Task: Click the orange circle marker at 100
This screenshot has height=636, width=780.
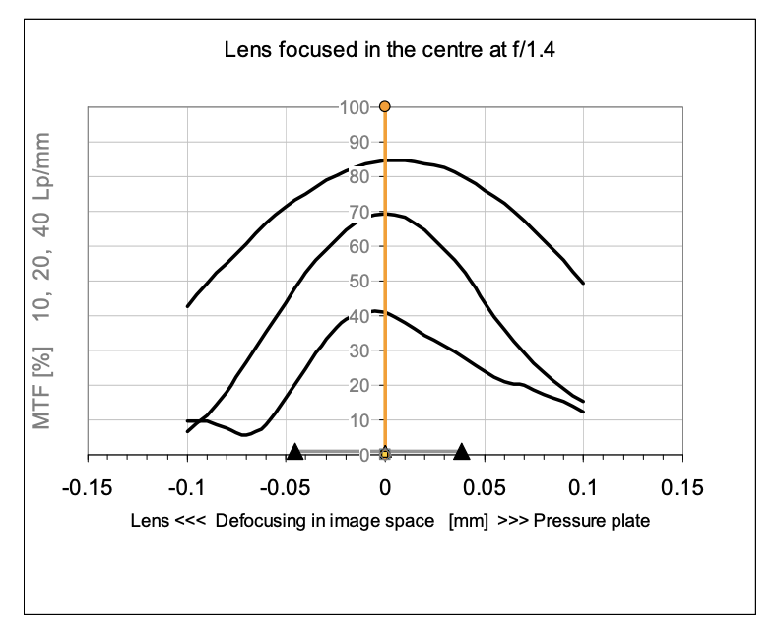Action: [x=384, y=106]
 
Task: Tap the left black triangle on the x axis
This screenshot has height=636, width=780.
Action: [x=295, y=452]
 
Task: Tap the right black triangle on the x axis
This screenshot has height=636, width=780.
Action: [x=462, y=452]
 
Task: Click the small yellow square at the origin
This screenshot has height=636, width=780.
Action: [x=384, y=454]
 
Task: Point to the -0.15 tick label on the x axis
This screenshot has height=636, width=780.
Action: [x=87, y=487]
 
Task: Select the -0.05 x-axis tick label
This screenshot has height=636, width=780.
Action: [x=286, y=487]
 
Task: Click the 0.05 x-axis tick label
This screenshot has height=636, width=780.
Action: [x=484, y=487]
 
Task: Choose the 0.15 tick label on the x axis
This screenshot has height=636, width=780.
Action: [x=682, y=487]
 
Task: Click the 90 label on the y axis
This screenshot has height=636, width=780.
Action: [x=359, y=142]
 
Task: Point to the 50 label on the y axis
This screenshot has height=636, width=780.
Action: [x=359, y=281]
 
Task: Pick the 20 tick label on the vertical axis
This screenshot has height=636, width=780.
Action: [x=359, y=385]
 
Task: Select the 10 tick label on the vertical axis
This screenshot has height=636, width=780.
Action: [x=359, y=420]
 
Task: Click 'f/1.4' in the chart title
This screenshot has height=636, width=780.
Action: [x=534, y=50]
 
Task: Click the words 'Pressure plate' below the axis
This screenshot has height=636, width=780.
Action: [x=592, y=521]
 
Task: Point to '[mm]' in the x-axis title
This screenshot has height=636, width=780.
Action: [x=468, y=521]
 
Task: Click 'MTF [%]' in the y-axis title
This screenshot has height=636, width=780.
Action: [x=42, y=388]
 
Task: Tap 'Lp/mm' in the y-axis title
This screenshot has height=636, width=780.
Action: [x=42, y=165]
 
